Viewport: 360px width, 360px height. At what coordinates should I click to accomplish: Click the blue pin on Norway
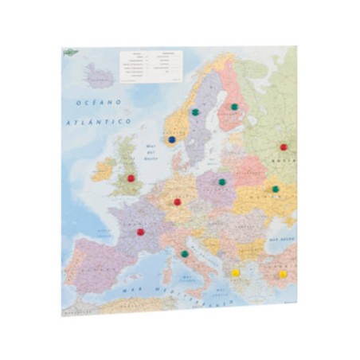(x=172, y=139)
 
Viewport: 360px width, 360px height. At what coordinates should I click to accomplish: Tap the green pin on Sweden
(x=195, y=112)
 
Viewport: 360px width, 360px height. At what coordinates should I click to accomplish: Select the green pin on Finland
(x=234, y=107)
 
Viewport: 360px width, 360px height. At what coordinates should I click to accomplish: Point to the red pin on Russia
(x=284, y=147)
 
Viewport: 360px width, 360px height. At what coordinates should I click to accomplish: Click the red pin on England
(x=131, y=178)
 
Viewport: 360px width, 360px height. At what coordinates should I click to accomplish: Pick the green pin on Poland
(x=222, y=182)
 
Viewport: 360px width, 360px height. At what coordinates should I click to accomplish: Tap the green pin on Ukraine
(x=276, y=189)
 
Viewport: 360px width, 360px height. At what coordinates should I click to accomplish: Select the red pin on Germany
(x=178, y=202)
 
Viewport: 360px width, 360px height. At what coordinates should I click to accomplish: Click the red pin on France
(x=141, y=232)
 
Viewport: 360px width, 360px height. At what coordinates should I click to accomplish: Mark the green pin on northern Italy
(x=185, y=253)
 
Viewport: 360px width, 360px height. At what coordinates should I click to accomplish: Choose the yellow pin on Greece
(x=236, y=272)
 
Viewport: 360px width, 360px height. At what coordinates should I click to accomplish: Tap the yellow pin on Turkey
(x=282, y=273)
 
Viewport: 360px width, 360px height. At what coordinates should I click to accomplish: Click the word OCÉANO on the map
(x=94, y=103)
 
